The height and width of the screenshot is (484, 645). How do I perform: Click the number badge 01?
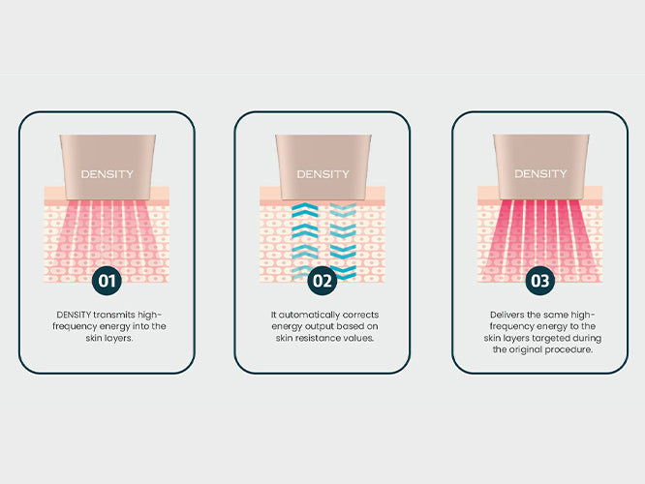pyautogui.click(x=107, y=281)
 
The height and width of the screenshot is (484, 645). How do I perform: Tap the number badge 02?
pyautogui.click(x=322, y=281)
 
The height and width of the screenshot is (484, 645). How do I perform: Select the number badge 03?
pyautogui.click(x=540, y=281)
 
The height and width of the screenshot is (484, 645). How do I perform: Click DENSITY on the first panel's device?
pyautogui.click(x=107, y=174)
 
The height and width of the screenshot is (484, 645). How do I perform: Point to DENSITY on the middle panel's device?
pyautogui.click(x=322, y=174)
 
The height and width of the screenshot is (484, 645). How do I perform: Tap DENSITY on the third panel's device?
pyautogui.click(x=540, y=174)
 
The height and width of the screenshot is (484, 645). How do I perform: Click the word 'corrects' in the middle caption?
pyautogui.click(x=360, y=315)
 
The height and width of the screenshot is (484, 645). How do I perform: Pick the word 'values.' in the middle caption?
pyautogui.click(x=359, y=338)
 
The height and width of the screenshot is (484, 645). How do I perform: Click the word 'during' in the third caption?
pyautogui.click(x=587, y=339)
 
